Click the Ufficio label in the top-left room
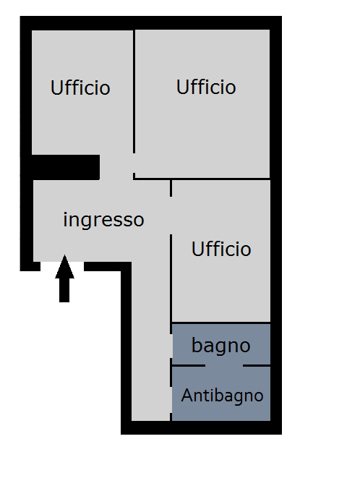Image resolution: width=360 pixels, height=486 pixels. click(80, 88)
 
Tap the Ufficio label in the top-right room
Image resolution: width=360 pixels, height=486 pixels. click(206, 87)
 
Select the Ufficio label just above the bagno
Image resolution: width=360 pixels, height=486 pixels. click(221, 249)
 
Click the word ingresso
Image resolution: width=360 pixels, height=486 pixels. click(103, 220)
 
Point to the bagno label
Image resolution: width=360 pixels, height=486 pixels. click(221, 345)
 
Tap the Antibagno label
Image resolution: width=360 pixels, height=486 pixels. click(222, 396)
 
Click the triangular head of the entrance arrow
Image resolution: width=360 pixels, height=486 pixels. click(64, 267)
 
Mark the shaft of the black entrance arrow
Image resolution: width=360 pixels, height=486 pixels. click(64, 290)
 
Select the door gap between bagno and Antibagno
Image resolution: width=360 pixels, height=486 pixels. click(224, 366)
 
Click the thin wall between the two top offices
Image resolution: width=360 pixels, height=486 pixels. click(134, 91)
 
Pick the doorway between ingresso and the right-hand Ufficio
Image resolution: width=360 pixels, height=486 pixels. click(171, 216)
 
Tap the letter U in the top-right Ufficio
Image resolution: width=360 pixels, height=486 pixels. click(182, 87)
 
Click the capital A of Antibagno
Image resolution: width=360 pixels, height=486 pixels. click(187, 395)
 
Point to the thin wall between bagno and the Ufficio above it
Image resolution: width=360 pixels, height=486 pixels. click(221, 323)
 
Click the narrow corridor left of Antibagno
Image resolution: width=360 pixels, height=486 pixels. click(151, 372)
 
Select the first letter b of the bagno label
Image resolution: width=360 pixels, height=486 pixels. click(197, 345)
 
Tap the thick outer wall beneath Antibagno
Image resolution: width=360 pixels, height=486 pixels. click(202, 427)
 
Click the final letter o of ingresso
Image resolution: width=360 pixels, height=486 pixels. click(139, 221)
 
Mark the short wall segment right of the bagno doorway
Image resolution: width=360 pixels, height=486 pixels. click(257, 366)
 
